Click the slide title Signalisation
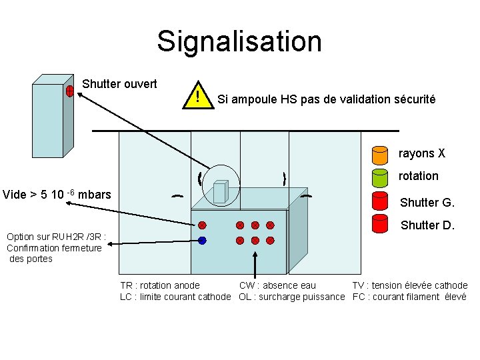239,41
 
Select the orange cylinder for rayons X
379,155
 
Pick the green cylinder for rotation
379,177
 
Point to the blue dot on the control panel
202,240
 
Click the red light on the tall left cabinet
69,91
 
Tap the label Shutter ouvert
119,84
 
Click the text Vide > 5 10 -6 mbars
57,195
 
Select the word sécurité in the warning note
413,99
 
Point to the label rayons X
421,153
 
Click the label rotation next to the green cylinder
418,176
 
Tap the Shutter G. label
427,203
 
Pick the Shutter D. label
427,225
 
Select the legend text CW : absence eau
277,285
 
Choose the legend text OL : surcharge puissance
291,297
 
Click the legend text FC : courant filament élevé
409,297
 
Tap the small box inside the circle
219,192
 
